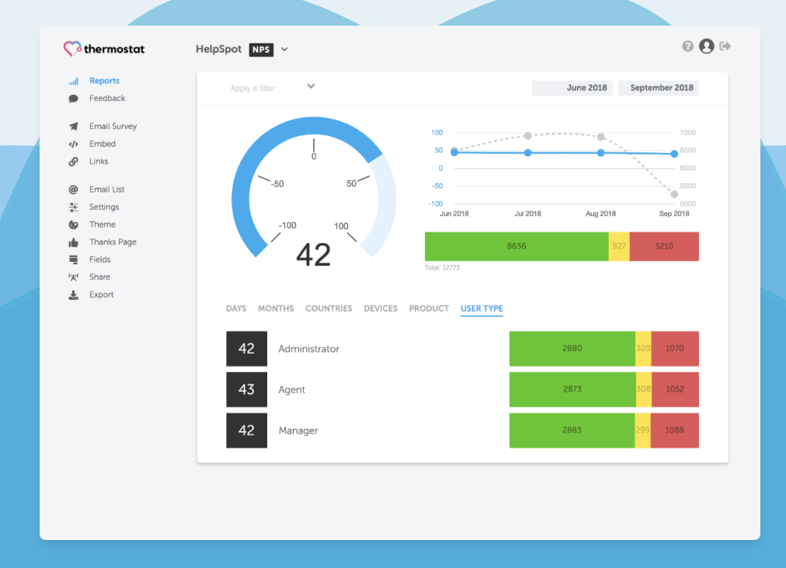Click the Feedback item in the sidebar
[106, 99]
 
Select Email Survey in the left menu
[112, 127]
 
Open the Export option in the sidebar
[101, 295]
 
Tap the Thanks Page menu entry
[112, 242]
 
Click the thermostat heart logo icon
[72, 49]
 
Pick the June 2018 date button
[572, 88]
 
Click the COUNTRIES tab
[329, 308]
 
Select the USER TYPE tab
[482, 308]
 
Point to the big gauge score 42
[314, 255]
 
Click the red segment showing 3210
[664, 246]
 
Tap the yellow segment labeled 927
[619, 246]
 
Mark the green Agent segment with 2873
[572, 389]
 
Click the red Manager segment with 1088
[674, 430]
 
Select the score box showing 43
[246, 389]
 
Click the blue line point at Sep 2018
[674, 154]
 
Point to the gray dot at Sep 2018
[674, 194]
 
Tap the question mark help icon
[687, 47]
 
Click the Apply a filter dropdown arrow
[311, 86]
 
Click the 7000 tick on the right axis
[687, 133]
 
